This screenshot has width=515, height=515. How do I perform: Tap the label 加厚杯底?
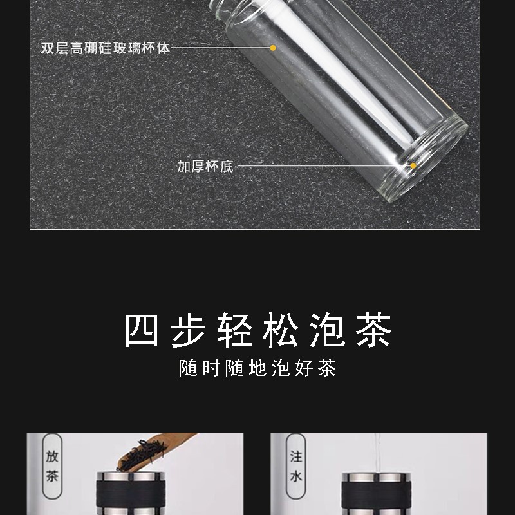pyautogui.click(x=205, y=167)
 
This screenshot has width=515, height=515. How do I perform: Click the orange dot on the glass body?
pyautogui.click(x=273, y=48)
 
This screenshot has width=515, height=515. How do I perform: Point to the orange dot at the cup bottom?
pyautogui.click(x=413, y=166)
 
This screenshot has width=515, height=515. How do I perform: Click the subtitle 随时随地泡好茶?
pyautogui.click(x=257, y=370)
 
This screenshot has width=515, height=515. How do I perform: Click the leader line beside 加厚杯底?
pyautogui.click(x=322, y=166)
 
